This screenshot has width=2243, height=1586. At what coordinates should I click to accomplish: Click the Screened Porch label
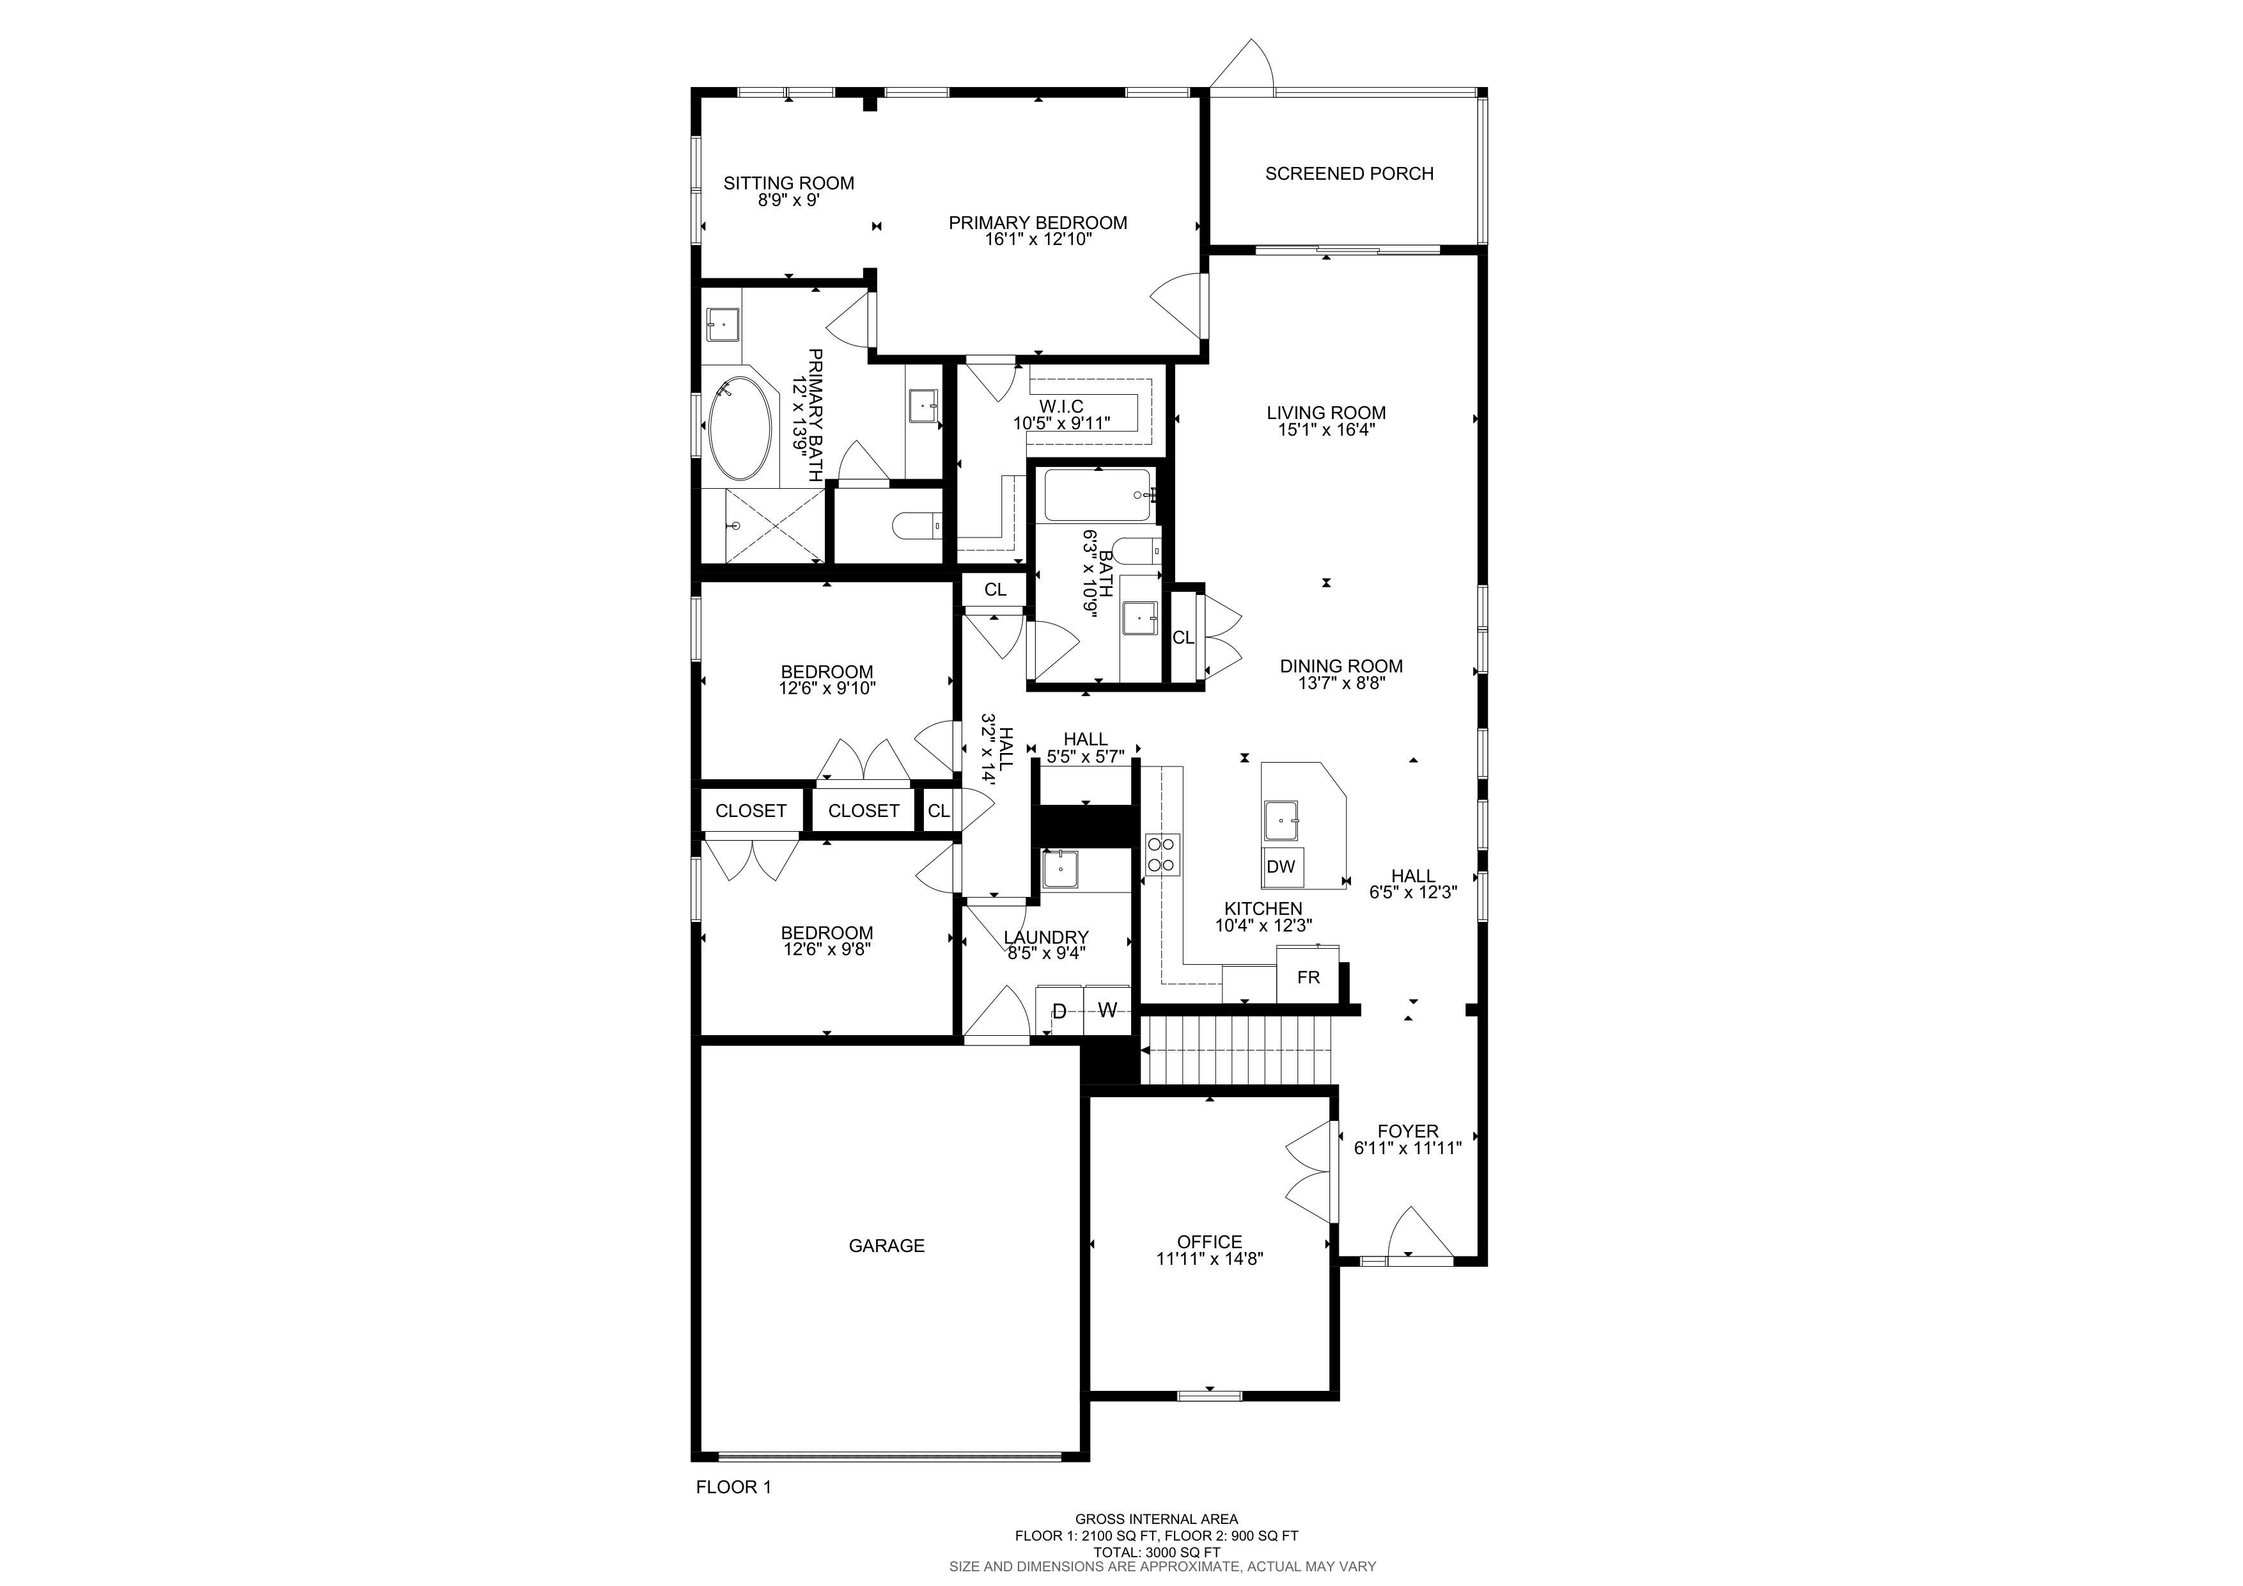(x=1349, y=174)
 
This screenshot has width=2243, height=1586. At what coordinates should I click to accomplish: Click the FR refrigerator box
(x=1308, y=977)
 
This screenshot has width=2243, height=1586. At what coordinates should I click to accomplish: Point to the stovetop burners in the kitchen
(x=1162, y=854)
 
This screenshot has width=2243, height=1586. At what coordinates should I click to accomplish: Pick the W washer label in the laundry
(x=1107, y=1010)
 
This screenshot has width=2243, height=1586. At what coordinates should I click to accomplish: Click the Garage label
(x=886, y=1246)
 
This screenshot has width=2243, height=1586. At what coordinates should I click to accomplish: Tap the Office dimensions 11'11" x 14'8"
(x=1210, y=1258)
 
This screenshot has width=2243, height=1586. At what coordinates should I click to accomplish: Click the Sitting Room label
(x=788, y=184)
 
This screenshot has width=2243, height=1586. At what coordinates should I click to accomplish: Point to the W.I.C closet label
(x=1061, y=406)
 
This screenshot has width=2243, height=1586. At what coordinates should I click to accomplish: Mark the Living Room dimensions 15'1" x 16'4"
(x=1327, y=429)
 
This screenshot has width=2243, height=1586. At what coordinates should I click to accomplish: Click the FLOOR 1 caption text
(x=733, y=1487)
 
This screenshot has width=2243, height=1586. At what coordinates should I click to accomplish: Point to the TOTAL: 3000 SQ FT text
(x=1157, y=1552)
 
